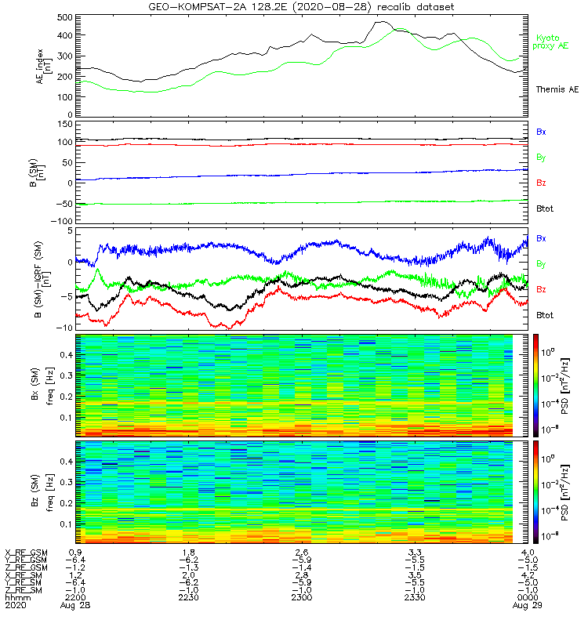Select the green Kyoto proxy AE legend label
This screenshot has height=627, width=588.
click(554, 42)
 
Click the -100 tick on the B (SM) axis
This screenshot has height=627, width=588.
click(61, 221)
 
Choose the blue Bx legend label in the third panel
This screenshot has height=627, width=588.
click(541, 237)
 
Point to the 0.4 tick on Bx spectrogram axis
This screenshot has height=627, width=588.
click(66, 354)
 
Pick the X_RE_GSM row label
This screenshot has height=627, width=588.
click(27, 553)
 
